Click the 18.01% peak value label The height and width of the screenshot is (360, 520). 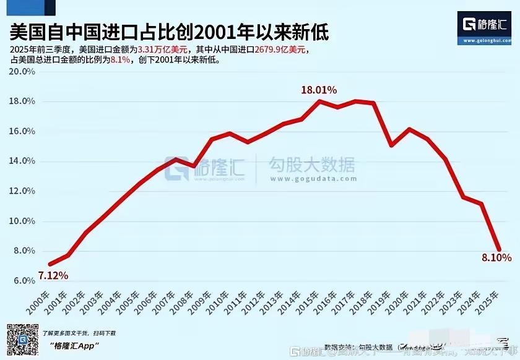tap(319, 90)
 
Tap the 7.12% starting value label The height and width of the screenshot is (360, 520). tap(53, 275)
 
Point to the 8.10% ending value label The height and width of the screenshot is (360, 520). tap(496, 257)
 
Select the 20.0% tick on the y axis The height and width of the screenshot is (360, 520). tap(22, 71)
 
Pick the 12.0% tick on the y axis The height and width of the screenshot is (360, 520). tap(22, 191)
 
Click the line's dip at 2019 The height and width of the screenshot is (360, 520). tap(391, 145)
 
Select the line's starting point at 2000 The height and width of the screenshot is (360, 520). tap(50, 264)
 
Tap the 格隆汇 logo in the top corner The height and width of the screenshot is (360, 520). tap(485, 26)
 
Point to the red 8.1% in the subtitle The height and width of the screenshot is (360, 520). tap(120, 61)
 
